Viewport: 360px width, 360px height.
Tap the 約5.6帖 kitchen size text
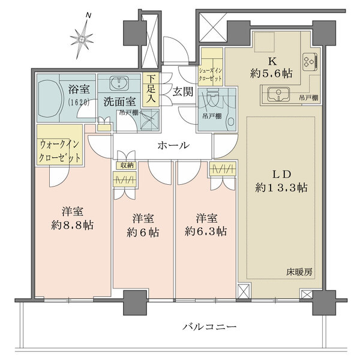[x=271, y=73]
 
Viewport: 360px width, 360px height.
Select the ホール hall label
[x=173, y=145]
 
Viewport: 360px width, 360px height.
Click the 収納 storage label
[x=125, y=165]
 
